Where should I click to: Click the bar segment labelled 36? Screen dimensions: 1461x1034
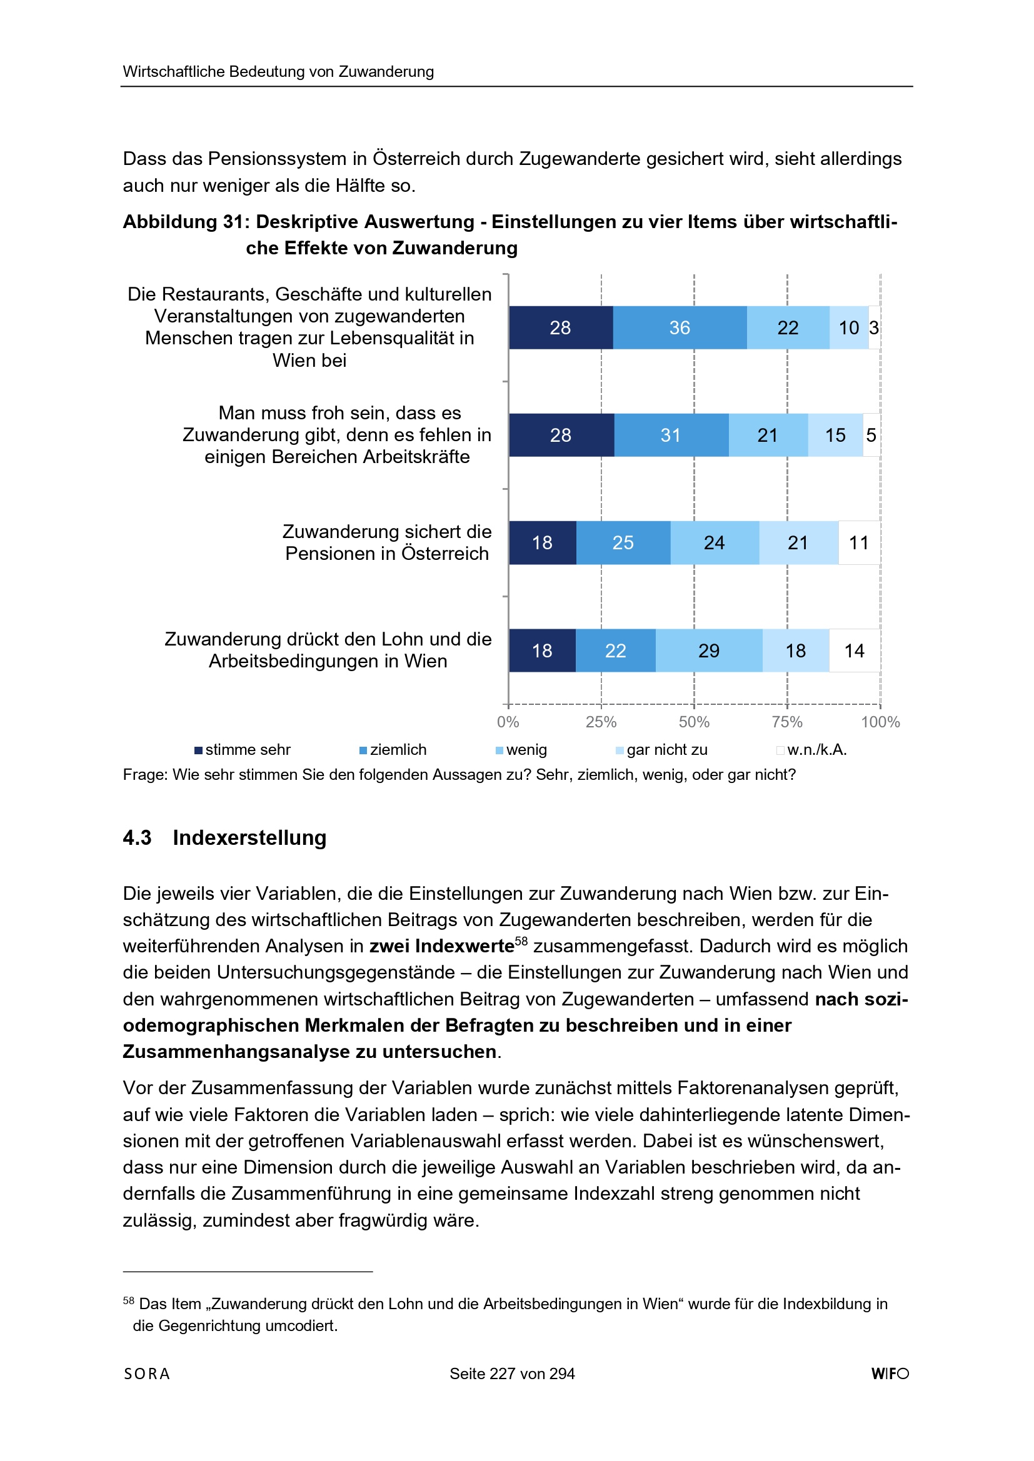pos(680,327)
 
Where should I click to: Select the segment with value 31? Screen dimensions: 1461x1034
pos(671,436)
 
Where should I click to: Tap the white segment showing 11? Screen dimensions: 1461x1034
pos(859,543)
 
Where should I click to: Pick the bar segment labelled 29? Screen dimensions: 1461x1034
pos(709,651)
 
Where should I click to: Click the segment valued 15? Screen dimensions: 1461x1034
pos(835,436)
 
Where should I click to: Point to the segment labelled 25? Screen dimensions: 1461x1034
pos(623,543)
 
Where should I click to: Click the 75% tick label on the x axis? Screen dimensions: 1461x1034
pos(787,722)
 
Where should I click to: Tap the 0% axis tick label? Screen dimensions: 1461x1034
pos(508,722)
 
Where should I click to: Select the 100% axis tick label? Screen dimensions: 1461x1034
pos(880,722)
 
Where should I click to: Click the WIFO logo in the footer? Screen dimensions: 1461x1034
pos(890,1374)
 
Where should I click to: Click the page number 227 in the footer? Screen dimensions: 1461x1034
pos(502,1374)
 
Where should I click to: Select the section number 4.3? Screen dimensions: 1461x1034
pos(137,838)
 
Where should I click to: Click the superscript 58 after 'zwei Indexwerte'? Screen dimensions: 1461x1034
pos(521,941)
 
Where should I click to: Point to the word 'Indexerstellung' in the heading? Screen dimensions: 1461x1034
pos(249,838)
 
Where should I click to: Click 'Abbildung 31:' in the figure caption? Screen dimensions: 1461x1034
pos(186,221)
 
